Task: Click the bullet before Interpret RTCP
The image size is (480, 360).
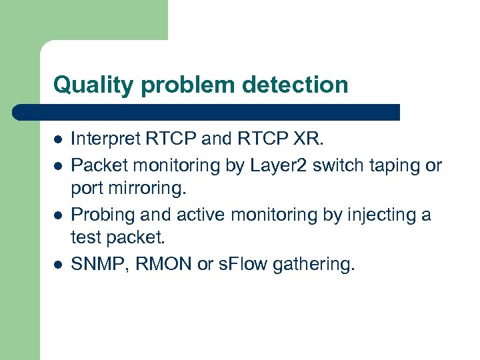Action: (x=58, y=140)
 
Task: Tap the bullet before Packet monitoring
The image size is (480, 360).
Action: (x=58, y=165)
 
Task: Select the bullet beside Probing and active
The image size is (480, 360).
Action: (x=58, y=215)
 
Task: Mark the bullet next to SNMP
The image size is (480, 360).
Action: (x=58, y=265)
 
